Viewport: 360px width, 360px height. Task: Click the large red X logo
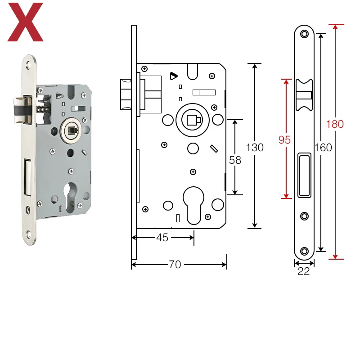(25, 22)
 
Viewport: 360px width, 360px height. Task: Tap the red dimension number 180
(335, 124)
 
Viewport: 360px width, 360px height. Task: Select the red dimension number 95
(284, 140)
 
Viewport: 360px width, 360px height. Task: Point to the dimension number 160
(323, 148)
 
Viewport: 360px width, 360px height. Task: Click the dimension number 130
(255, 148)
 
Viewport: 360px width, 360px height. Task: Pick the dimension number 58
(235, 160)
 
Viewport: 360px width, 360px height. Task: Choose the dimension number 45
(162, 238)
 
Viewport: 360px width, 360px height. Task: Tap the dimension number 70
(175, 265)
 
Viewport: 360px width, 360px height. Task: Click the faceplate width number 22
(303, 271)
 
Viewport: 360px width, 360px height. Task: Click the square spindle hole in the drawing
(193, 120)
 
